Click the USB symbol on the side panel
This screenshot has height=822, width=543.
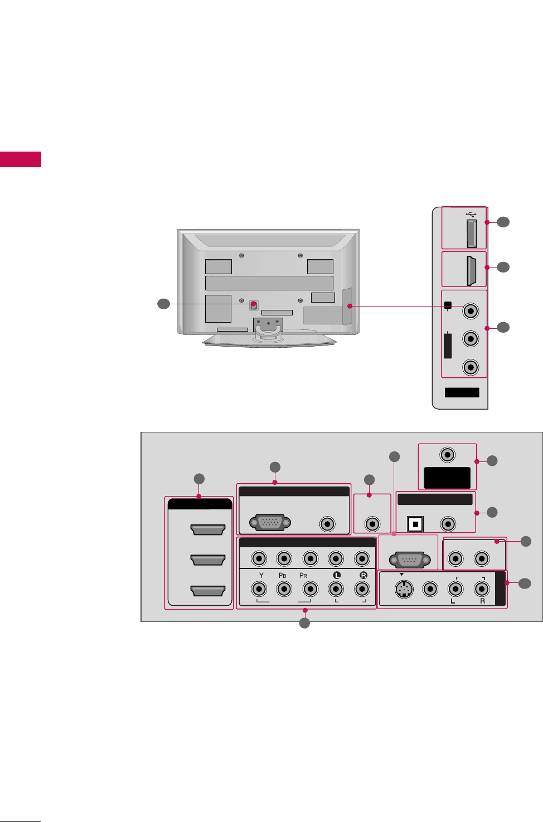coord(471,213)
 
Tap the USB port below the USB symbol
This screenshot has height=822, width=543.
coord(471,234)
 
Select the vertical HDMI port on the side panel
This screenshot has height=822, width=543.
coord(471,270)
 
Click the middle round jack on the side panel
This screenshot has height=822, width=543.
coord(471,338)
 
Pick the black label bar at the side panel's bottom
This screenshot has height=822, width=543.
coord(462,392)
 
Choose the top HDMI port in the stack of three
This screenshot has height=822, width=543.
coord(207,529)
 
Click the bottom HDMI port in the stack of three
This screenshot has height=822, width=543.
coord(207,591)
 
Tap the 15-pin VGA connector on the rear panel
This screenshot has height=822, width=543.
coord(270,523)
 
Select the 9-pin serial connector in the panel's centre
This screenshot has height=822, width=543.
coord(410,559)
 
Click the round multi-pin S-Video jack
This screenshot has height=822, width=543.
coord(404,589)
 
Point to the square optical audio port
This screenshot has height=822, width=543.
coord(415,524)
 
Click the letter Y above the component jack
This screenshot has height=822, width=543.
coord(261,575)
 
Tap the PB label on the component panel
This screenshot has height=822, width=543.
coord(282,575)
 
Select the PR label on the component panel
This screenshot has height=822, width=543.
coord(303,575)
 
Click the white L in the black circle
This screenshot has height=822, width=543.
coord(337,575)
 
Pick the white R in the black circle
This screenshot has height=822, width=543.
coord(363,575)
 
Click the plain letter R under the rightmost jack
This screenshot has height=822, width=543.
coord(482,601)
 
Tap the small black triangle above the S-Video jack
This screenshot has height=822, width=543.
coord(401,574)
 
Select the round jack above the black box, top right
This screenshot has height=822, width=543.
coord(447,455)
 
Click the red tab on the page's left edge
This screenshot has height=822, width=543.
coord(21,159)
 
